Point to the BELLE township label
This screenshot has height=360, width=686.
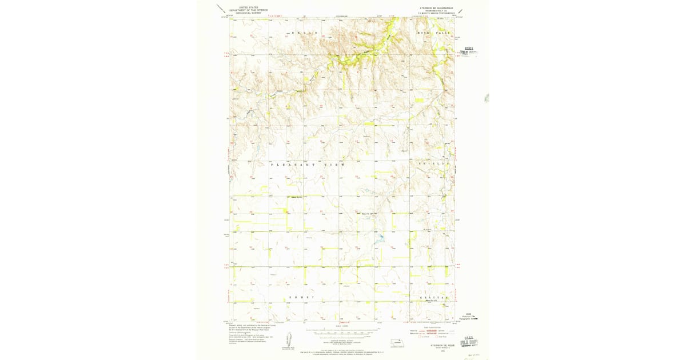(304, 34)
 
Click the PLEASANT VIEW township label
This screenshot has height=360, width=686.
(308, 165)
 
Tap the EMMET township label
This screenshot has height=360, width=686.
(301, 298)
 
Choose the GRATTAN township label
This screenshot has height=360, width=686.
(431, 298)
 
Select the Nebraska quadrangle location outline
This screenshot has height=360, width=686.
(394, 344)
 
